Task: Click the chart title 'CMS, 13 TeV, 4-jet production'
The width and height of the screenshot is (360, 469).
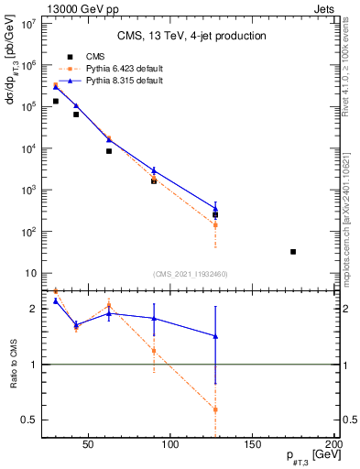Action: pos(191,37)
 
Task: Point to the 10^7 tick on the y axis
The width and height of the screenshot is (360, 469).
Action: pos(29,23)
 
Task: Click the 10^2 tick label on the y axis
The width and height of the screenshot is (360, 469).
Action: pos(29,232)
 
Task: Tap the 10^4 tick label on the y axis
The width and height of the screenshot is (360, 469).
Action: pos(29,148)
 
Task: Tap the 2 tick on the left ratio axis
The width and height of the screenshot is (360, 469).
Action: pos(34,309)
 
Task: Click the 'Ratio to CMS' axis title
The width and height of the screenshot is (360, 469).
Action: pos(13,365)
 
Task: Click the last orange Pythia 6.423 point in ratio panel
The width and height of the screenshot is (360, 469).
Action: pos(215,409)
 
